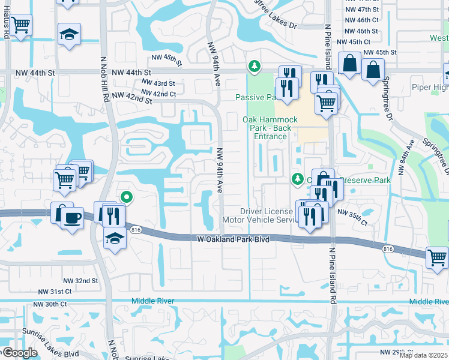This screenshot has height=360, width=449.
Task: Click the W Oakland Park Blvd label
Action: pos(234,239)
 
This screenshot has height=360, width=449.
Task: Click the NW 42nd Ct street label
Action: pos(158,94)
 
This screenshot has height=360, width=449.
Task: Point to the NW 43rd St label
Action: pos(158,83)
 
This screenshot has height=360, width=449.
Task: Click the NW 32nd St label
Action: pos(79,281)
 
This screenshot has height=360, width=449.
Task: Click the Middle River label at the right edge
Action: pos(429,302)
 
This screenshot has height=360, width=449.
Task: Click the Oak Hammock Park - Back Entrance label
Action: pos(270,128)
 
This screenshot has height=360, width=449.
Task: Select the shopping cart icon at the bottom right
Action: pos(437,257)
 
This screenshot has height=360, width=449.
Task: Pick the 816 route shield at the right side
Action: pos(388,248)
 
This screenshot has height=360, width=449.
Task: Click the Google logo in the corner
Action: pos(19,353)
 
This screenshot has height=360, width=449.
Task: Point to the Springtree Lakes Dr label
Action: pos(269,26)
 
